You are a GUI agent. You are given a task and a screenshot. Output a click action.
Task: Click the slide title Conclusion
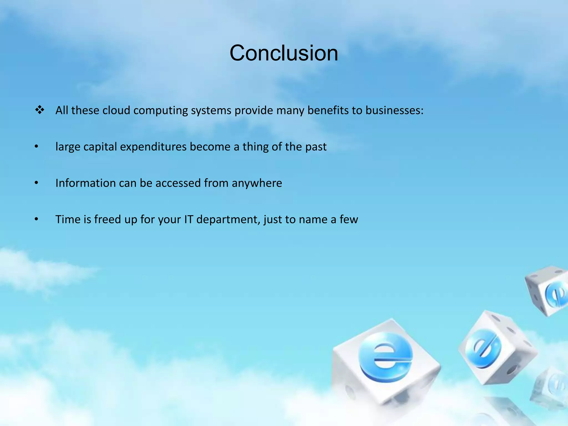[x=284, y=53]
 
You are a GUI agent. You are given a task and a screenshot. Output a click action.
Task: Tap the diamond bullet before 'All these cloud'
[x=40, y=110]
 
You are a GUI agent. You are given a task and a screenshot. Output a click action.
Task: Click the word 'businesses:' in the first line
[x=394, y=110]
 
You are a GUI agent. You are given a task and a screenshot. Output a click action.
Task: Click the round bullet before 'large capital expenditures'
[x=36, y=146]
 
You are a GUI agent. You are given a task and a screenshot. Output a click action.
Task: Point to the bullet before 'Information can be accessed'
[x=36, y=183]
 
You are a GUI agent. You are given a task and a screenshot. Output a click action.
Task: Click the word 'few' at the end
[x=349, y=219]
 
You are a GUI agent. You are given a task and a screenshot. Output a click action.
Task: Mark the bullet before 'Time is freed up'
[x=36, y=219]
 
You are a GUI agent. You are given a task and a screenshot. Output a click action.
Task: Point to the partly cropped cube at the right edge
[x=548, y=291]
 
